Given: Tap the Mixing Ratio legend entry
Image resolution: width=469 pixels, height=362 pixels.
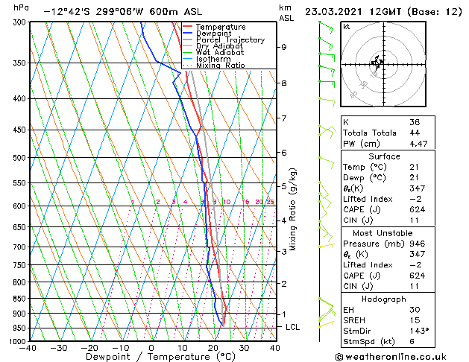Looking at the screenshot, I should pyautogui.click(x=220, y=65).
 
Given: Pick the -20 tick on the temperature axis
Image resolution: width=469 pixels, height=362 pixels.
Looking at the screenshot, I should pyautogui.click(x=89, y=348).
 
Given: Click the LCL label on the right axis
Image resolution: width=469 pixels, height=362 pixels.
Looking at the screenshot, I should pyautogui.click(x=293, y=327).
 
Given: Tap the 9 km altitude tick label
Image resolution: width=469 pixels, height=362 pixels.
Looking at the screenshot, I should pyautogui.click(x=283, y=47).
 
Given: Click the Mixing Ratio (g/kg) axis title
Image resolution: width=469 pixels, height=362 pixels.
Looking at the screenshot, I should pyautogui.click(x=293, y=209).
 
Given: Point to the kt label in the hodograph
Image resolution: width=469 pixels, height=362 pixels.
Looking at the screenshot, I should pyautogui.click(x=346, y=26).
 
